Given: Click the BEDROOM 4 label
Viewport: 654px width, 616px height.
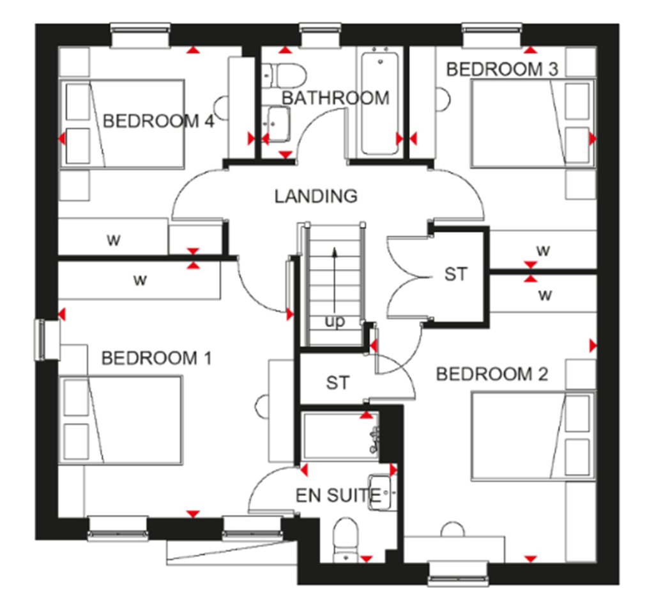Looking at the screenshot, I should [158, 121].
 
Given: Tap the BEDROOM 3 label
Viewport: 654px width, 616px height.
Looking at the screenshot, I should [502, 69].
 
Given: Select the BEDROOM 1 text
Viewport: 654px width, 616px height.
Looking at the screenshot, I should [156, 358].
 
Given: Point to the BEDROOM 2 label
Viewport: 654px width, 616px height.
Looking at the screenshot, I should [492, 374].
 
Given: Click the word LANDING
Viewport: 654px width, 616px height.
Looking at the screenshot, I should [316, 196].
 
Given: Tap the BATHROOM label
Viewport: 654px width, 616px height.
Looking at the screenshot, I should [335, 98].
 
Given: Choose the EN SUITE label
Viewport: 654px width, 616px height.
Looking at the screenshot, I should [338, 495].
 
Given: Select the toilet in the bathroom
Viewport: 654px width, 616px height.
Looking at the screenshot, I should [284, 75].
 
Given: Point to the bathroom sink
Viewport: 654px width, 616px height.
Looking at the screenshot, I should [278, 124].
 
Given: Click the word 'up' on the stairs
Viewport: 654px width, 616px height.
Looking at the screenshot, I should [335, 321].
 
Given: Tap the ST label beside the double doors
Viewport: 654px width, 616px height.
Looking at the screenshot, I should [455, 275].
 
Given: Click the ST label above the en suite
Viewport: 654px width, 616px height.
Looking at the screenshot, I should [338, 383].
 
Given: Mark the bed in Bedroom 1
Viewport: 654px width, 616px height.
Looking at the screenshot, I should [121, 420].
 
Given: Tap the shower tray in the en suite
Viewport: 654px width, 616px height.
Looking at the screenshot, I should [339, 436].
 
